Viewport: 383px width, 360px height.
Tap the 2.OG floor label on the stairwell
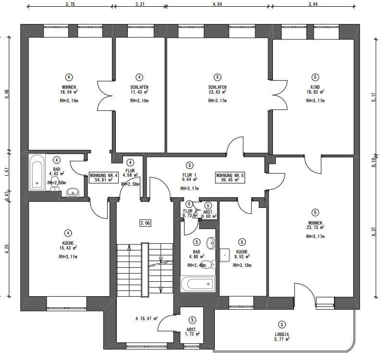coord(145,223)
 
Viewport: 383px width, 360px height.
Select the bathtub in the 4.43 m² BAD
coord(37,173)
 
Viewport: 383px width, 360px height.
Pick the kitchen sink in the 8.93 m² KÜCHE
coord(225,254)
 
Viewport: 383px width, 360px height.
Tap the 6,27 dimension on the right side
coord(374,232)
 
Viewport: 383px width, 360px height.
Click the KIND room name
coord(315,87)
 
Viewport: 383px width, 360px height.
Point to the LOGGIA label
coord(282,334)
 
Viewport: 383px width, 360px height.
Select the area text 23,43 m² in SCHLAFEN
coord(218,92)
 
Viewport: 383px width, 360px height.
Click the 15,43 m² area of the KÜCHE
coord(69,248)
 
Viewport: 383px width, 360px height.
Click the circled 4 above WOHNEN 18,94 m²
coord(69,77)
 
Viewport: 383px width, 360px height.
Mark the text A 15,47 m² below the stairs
coord(147,318)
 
